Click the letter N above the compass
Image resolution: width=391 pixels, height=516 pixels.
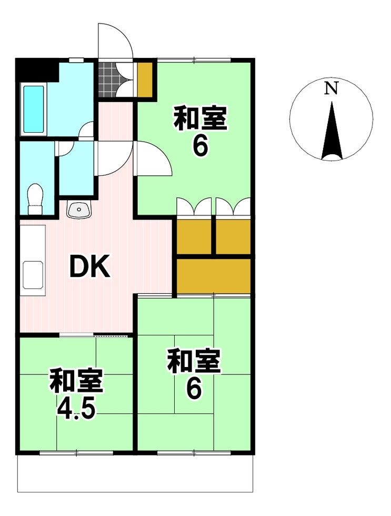pyautogui.click(x=332, y=88)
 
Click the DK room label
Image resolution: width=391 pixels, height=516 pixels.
pyautogui.click(x=89, y=266)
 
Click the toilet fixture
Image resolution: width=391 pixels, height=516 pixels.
pyautogui.click(x=35, y=199)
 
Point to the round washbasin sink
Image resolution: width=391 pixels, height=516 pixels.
pyautogui.click(x=78, y=210)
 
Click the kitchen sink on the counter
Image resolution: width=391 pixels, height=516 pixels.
pyautogui.click(x=33, y=275)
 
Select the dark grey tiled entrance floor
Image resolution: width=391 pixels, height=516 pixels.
pyautogui.click(x=108, y=80)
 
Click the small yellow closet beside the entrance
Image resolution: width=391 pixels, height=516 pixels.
pyautogui.click(x=145, y=79)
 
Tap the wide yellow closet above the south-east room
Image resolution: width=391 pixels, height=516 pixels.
pyautogui.click(x=214, y=276)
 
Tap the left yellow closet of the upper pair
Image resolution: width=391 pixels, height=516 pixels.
pyautogui.click(x=194, y=236)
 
